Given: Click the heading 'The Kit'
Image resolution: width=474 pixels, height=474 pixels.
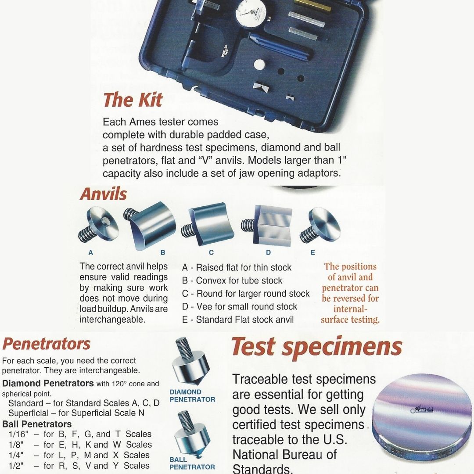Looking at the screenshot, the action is point(133,100).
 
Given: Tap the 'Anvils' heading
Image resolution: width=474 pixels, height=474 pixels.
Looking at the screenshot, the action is point(104,194).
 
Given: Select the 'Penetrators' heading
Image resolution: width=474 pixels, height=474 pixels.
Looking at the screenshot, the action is point(46,344).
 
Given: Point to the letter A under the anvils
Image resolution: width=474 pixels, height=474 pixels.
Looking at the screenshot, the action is point(90,252).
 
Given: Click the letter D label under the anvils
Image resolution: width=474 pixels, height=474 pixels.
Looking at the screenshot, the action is point(268,252).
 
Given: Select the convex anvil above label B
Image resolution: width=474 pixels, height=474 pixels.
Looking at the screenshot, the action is point(150,224).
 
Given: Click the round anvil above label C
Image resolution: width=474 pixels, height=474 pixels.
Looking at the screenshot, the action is point(208,224).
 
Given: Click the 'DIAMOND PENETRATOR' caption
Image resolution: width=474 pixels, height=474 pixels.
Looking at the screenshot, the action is point(192,396).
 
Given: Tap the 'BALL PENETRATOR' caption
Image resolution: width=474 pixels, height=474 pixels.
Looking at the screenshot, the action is point(192,463).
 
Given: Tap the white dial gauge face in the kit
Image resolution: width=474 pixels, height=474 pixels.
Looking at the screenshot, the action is point(251,14).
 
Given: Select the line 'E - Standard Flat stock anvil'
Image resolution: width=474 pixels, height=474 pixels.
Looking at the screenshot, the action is point(238,320).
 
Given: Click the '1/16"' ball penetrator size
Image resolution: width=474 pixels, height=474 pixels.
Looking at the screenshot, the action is point(18,434).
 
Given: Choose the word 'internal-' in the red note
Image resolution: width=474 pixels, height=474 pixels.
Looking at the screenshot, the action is point(350,309).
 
